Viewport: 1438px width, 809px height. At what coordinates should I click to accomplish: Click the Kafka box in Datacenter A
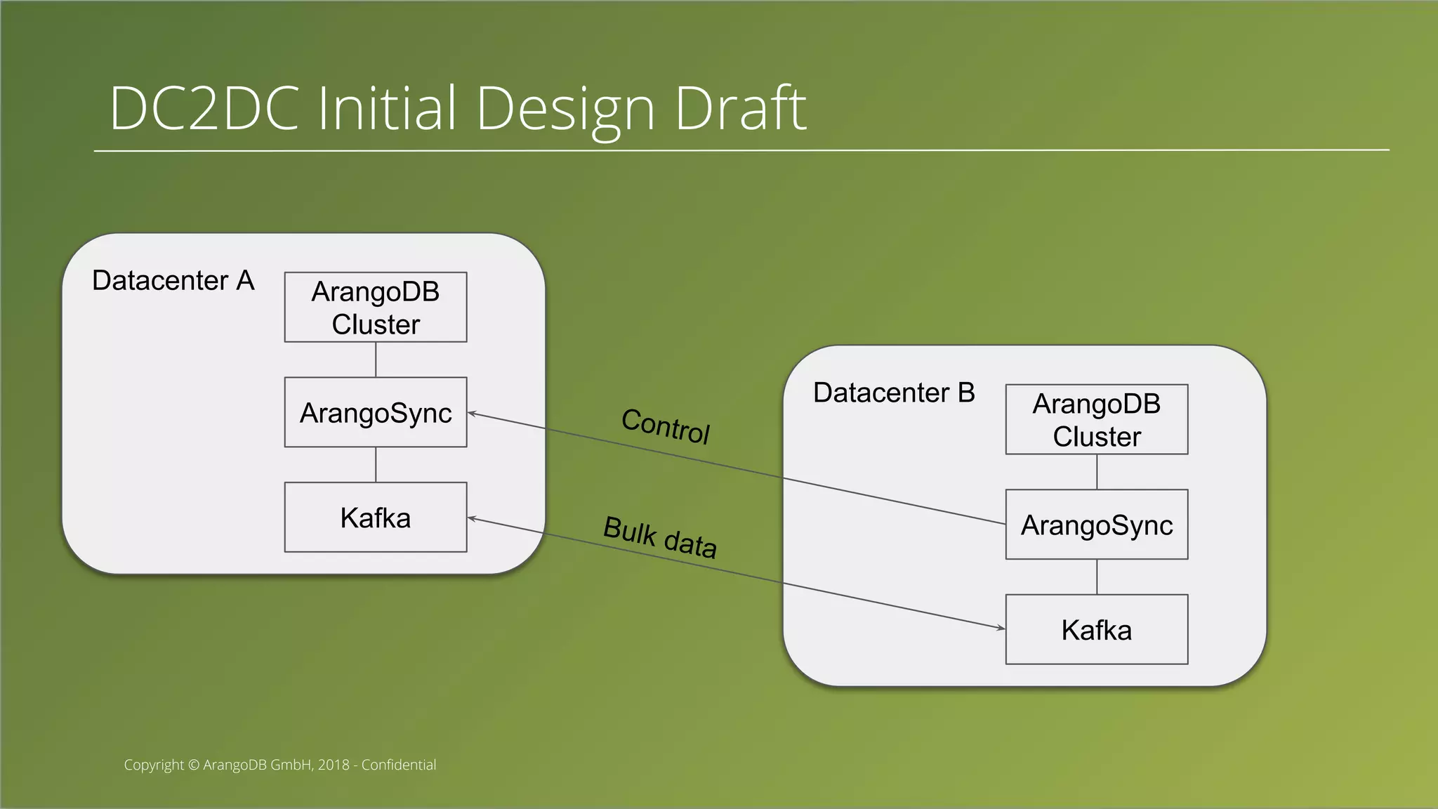[x=376, y=518]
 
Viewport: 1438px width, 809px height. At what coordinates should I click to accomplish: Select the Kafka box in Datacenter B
[x=1096, y=630]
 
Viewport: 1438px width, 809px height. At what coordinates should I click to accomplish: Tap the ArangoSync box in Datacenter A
[x=376, y=412]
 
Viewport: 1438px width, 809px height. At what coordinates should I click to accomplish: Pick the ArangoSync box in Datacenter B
[x=1096, y=525]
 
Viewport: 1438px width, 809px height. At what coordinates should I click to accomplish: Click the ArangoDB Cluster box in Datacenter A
[x=376, y=308]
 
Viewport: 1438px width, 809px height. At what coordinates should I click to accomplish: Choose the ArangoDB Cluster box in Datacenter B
[x=1096, y=419]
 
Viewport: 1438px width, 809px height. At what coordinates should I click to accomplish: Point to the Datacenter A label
[x=173, y=280]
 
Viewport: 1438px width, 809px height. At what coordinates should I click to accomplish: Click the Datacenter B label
[x=894, y=393]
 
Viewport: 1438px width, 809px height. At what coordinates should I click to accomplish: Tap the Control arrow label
[x=666, y=426]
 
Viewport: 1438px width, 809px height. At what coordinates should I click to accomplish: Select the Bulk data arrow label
[x=660, y=537]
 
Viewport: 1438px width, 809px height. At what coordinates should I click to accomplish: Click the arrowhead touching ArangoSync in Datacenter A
[x=472, y=414]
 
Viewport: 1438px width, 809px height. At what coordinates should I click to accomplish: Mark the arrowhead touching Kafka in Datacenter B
[x=1001, y=628]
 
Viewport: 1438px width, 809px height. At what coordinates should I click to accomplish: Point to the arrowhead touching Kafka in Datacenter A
[x=472, y=519]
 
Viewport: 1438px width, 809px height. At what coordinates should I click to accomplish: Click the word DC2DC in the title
[x=204, y=109]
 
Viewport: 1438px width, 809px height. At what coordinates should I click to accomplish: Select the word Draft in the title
[x=740, y=109]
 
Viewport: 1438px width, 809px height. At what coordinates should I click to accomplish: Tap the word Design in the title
[x=566, y=109]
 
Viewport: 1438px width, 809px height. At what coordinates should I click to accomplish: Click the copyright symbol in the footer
[x=194, y=765]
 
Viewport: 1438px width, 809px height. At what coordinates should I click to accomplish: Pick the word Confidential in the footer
[x=398, y=765]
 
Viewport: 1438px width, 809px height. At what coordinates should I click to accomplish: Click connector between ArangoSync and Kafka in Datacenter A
[x=376, y=464]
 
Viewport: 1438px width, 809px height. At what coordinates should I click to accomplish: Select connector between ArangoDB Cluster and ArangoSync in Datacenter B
[x=1097, y=472]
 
